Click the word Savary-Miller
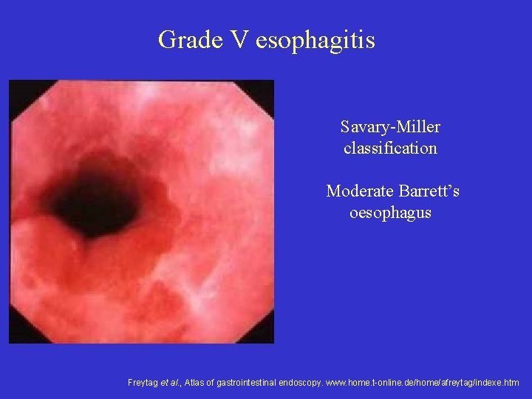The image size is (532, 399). coord(390,127)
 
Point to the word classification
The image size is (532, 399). coord(390,148)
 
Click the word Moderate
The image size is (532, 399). coord(359,191)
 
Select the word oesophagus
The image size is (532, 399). coord(390,213)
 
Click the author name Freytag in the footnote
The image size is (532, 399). coord(141,383)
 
